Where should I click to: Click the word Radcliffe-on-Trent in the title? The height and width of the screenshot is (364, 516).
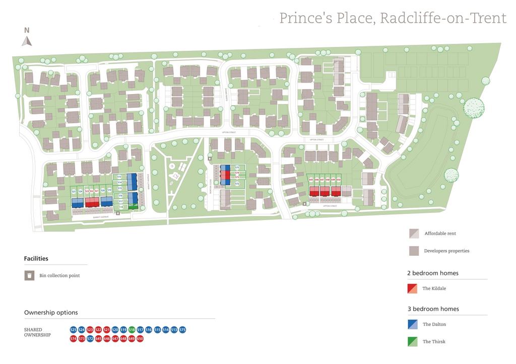pyautogui.click(x=443, y=18)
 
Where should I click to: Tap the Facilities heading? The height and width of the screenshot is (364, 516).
pyautogui.click(x=36, y=258)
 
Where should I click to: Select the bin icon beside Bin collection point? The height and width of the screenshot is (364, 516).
pyautogui.click(x=30, y=275)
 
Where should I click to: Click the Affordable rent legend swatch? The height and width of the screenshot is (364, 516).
pyautogui.click(x=413, y=234)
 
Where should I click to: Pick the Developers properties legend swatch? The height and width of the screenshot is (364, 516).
pyautogui.click(x=413, y=251)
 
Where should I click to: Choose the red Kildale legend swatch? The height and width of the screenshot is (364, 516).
pyautogui.click(x=412, y=288)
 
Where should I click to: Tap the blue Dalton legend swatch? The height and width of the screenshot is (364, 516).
pyautogui.click(x=412, y=324)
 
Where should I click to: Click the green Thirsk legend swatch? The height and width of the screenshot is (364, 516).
pyautogui.click(x=412, y=341)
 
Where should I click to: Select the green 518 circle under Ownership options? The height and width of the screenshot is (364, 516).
pyautogui.click(x=132, y=330)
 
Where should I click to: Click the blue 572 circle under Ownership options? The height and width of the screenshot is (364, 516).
pyautogui.click(x=90, y=339)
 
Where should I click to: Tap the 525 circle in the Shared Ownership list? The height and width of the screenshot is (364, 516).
pyautogui.click(x=73, y=330)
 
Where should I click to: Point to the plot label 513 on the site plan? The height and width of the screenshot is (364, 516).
pyautogui.click(x=119, y=177)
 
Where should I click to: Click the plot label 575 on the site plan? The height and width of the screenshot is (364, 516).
pyautogui.click(x=237, y=168)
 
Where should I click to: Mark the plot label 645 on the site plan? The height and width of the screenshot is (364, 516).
pyautogui.click(x=311, y=180)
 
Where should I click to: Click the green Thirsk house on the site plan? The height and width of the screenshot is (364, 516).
pyautogui.click(x=133, y=205)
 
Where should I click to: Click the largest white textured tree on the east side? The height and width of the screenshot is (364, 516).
pyautogui.click(x=474, y=108)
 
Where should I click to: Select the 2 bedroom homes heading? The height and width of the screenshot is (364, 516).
pyautogui.click(x=433, y=273)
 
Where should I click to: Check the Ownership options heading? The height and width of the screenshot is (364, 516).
pyautogui.click(x=51, y=313)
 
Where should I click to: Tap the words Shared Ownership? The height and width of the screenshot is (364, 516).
pyautogui.click(x=37, y=332)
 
